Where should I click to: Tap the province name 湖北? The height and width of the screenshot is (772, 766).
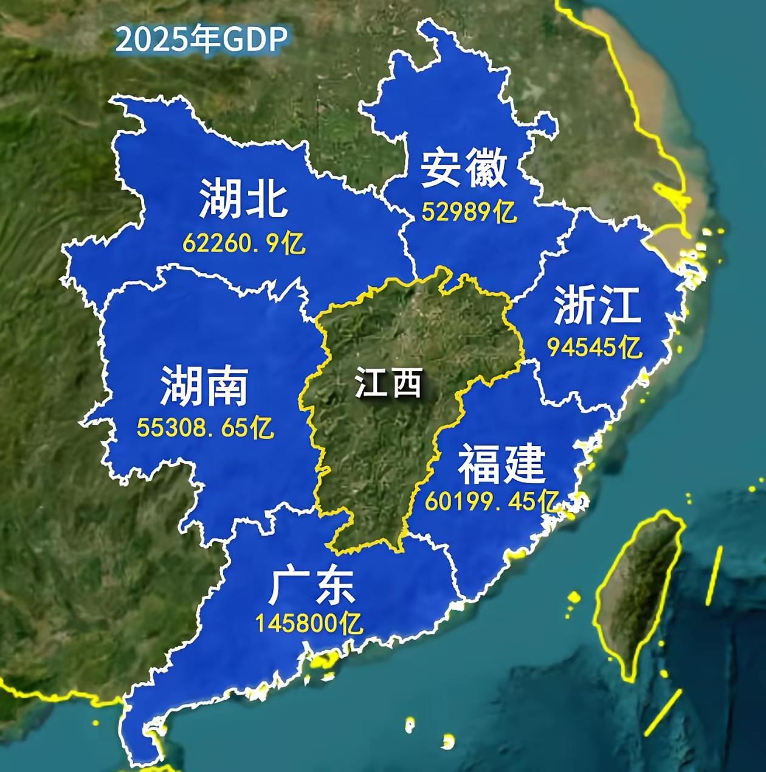tap(243, 198)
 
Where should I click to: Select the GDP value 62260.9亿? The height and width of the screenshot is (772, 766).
tap(244, 244)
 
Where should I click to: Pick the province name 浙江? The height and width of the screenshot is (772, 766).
tap(596, 305)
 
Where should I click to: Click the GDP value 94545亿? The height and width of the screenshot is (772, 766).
tap(595, 348)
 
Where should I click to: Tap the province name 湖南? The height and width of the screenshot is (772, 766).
tap(204, 387)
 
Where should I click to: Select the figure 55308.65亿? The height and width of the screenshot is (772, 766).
tap(205, 428)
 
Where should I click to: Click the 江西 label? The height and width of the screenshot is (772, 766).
tap(388, 384)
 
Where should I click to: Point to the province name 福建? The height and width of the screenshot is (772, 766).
tap(501, 464)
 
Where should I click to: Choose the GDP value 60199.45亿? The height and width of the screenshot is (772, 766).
tap(491, 501)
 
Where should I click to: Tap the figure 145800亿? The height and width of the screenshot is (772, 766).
tap(309, 623)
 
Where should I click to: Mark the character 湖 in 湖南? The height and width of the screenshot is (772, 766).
tap(181, 387)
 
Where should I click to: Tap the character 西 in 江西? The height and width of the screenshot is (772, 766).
tap(405, 384)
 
